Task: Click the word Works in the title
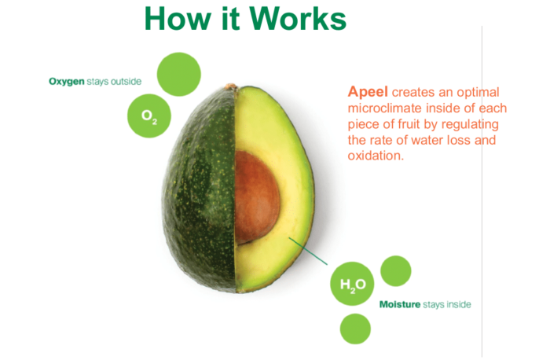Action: point(298,19)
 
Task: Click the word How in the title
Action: point(178,19)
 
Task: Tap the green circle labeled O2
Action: point(149,116)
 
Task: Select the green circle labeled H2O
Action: point(352,284)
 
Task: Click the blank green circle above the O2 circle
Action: point(179,75)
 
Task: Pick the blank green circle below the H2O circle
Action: point(355,329)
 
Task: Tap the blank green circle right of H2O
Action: point(396,271)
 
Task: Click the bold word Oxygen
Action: point(67,82)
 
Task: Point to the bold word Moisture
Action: point(400,304)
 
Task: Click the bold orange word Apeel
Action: point(368,92)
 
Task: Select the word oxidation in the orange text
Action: point(376,156)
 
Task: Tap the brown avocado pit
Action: point(257,197)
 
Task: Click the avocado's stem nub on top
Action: point(231,86)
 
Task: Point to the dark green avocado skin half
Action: point(199,189)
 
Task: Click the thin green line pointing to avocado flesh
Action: point(308,251)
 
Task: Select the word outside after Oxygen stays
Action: point(126,82)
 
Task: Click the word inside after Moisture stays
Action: point(458,304)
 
